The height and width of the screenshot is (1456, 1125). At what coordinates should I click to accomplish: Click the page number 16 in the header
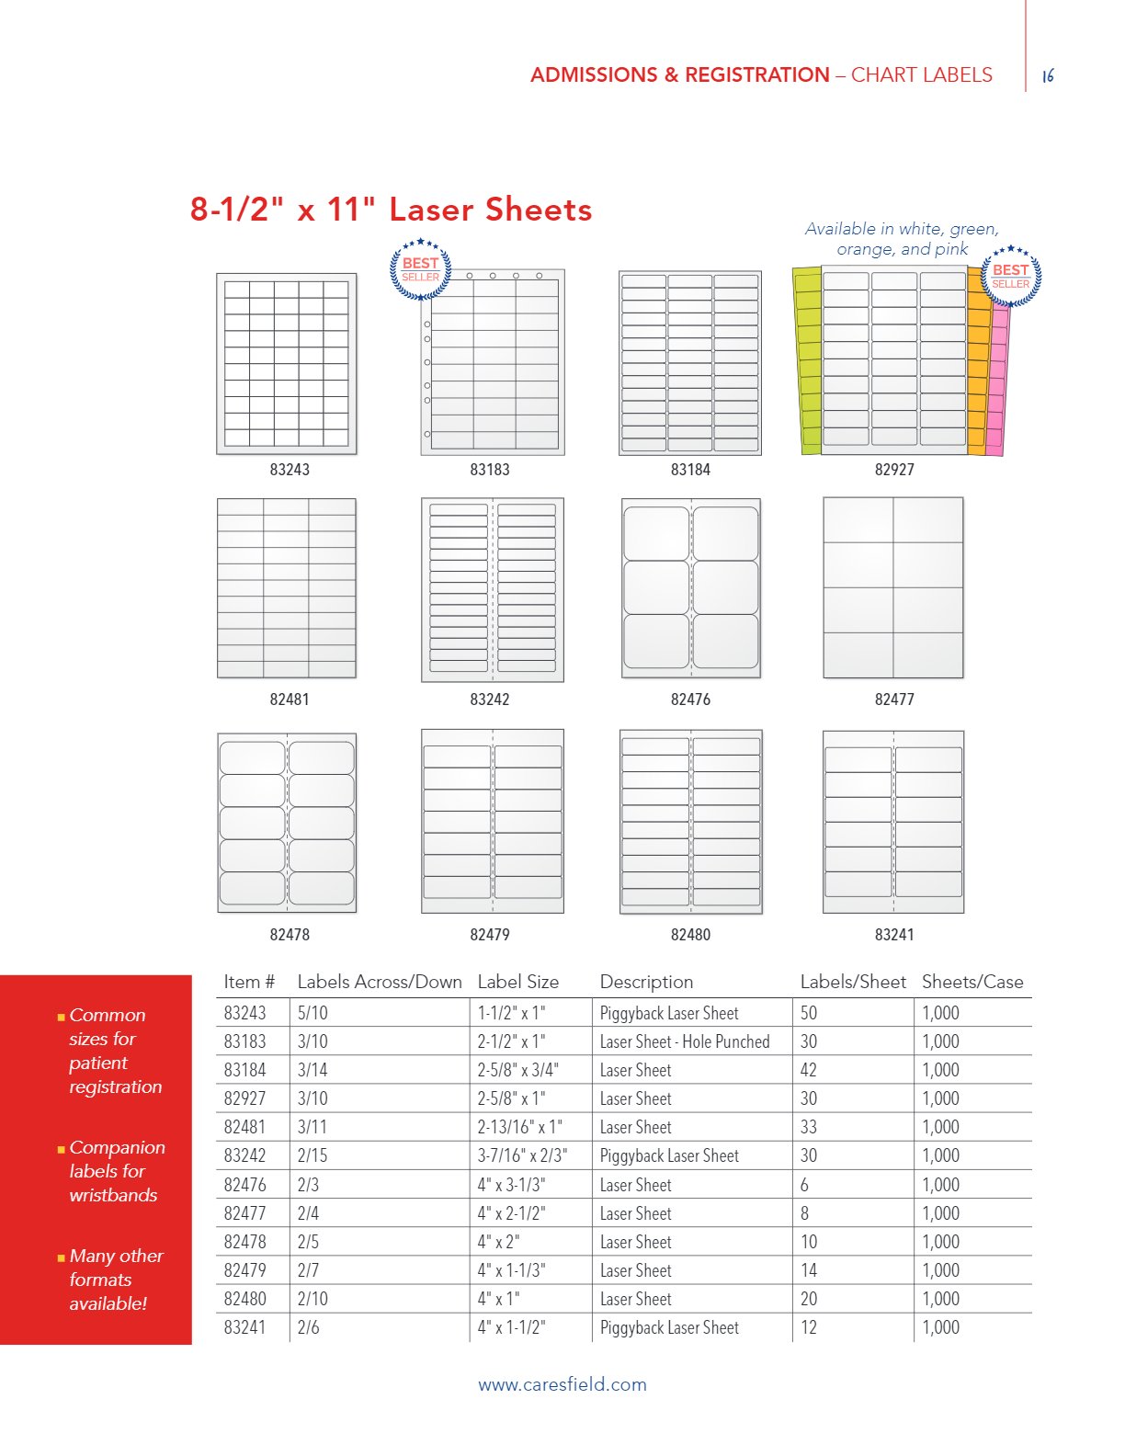tap(1048, 76)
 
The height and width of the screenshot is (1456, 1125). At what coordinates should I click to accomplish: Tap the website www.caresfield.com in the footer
tap(562, 1384)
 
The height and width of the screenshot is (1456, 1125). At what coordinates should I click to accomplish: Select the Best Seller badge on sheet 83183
tap(421, 269)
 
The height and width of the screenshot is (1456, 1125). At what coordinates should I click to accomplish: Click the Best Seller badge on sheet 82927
tap(1010, 276)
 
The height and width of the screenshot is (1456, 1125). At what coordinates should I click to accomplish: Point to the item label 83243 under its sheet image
tap(290, 470)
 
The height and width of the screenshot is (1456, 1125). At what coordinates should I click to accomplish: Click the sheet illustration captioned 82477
tap(893, 587)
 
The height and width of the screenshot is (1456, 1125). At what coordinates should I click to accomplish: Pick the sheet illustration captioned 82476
tap(691, 588)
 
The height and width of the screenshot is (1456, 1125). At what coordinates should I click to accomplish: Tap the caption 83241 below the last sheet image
tap(894, 935)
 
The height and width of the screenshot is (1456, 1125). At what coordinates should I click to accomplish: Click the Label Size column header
tap(517, 982)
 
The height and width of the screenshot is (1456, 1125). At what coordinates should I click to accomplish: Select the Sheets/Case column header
tap(972, 982)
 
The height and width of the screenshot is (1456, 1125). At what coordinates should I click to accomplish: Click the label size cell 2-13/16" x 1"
tap(519, 1127)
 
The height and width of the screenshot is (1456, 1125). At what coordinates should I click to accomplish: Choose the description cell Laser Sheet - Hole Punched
tap(685, 1041)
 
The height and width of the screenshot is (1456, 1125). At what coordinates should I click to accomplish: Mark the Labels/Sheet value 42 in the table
tap(809, 1070)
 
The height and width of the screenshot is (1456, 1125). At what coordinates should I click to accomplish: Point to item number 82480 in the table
tap(244, 1299)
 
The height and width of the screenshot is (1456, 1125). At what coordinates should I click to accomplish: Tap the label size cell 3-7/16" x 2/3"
tap(522, 1155)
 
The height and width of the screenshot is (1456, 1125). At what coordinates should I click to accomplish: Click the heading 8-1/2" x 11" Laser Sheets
tap(391, 210)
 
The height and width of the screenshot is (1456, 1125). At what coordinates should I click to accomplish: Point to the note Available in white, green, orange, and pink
tap(902, 239)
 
